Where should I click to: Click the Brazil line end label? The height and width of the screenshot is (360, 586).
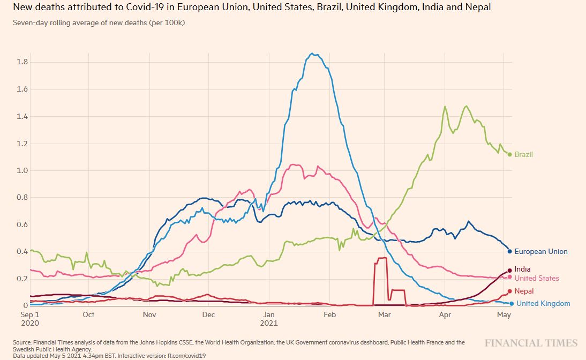[524, 154]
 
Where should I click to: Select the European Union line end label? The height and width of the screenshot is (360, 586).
[540, 251]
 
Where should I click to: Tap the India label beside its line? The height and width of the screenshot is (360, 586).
[522, 269]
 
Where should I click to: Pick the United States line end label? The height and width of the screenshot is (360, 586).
[536, 278]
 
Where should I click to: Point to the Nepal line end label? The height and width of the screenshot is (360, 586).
[524, 291]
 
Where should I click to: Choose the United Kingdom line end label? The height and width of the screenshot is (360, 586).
[543, 303]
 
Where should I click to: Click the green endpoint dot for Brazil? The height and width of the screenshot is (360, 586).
[509, 154]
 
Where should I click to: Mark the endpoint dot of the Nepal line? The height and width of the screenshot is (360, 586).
[509, 291]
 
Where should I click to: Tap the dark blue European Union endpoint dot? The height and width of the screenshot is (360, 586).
[509, 251]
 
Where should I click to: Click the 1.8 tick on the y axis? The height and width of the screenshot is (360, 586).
[22, 62]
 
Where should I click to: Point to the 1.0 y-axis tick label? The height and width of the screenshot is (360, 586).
[22, 170]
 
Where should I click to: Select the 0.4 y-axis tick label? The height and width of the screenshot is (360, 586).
[22, 251]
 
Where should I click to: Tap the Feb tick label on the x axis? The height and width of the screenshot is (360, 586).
[329, 315]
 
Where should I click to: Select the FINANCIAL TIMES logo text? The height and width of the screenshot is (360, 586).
[531, 343]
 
